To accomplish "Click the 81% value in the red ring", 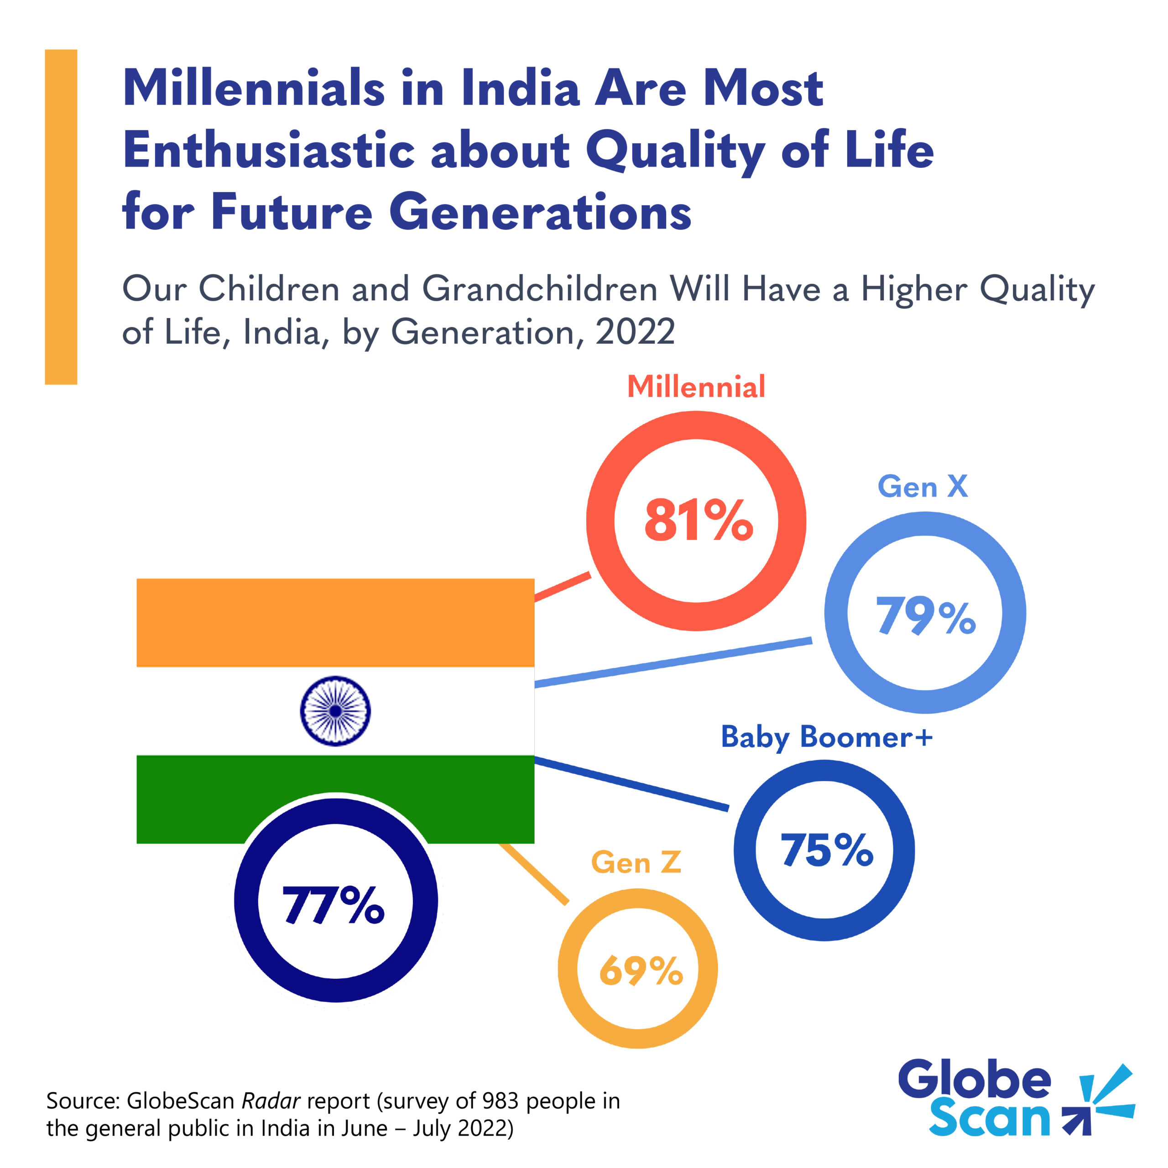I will coord(698,521).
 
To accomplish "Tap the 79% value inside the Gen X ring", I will coord(926,615).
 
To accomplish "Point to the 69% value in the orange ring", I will coord(640,971).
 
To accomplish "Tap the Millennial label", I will coord(696,387).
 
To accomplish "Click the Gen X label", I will coord(923,487).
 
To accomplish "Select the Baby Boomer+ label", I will coord(826,737).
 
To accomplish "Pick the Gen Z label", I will coord(636,862).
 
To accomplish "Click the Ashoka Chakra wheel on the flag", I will coord(335,711).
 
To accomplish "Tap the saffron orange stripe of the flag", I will coord(335,623).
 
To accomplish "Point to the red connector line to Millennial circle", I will coord(562,586).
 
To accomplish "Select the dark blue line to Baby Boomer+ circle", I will coord(632,783).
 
